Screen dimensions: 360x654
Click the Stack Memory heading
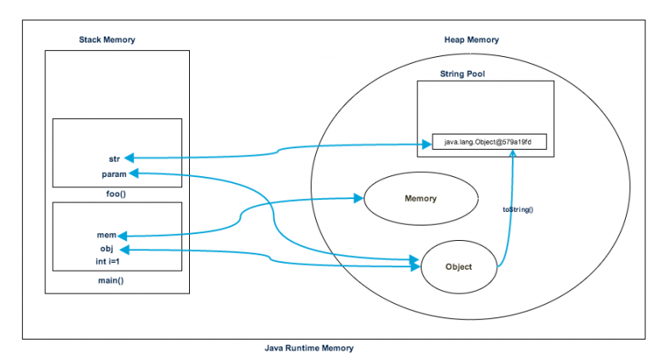pos(106,40)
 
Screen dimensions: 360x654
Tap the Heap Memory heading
pos(471,40)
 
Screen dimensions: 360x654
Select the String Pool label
pos(462,74)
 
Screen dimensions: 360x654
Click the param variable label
pos(113,174)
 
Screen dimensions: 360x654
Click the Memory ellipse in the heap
pos(420,199)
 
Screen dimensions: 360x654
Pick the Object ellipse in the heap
pos(457,266)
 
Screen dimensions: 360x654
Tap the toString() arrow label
pos(518,209)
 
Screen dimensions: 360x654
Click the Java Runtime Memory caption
pos(308,348)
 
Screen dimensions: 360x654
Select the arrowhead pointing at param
pos(134,174)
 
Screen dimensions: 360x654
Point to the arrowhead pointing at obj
pos(125,249)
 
